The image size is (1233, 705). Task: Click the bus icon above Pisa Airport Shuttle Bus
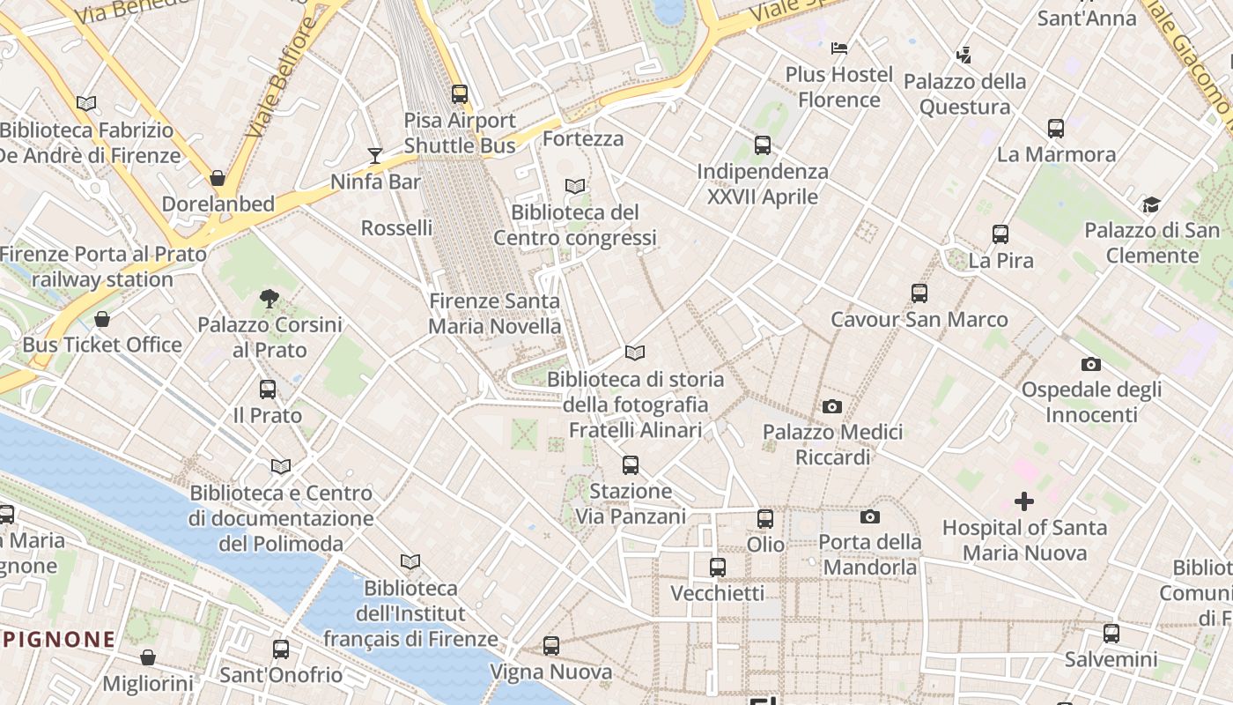[459, 93]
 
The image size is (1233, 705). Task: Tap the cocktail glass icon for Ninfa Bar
[375, 156]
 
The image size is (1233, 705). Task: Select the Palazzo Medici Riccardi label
[832, 444]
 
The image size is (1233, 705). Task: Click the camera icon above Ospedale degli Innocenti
[1090, 364]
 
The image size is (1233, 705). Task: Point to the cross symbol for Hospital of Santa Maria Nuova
[1023, 501]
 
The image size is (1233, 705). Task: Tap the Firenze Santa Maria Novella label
[494, 313]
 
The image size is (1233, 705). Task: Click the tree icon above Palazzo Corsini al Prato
[269, 299]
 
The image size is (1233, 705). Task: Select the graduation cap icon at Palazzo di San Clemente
[1151, 205]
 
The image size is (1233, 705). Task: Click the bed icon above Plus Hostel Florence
[839, 48]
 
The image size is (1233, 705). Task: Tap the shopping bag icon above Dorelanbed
[218, 178]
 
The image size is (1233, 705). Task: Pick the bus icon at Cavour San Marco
[919, 293]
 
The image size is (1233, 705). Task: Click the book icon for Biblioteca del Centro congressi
[575, 186]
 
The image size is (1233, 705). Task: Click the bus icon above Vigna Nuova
[551, 646]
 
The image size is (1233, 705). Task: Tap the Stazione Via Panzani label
[631, 503]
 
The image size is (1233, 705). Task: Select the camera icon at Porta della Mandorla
[870, 516]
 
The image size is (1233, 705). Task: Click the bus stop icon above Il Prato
[268, 389]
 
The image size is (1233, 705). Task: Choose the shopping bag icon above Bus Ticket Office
[102, 319]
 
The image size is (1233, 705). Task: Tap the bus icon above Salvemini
[1111, 633]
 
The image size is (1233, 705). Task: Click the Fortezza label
[583, 138]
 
